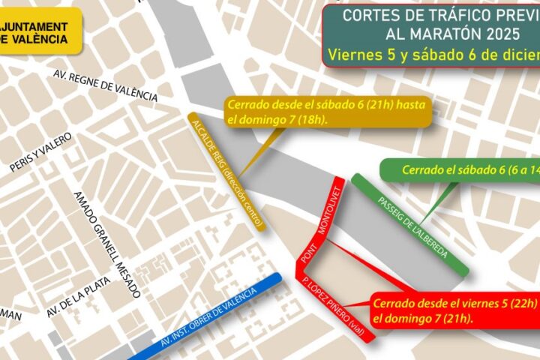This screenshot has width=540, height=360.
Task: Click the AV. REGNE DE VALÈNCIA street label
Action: point(106,85)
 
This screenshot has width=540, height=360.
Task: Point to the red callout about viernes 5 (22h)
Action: point(453,310)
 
